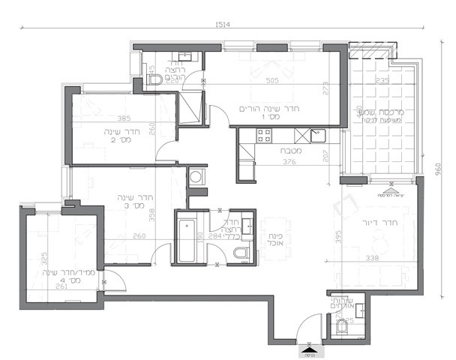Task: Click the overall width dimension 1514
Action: tap(223, 24)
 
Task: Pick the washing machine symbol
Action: tap(196, 177)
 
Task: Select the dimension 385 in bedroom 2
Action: tap(124, 118)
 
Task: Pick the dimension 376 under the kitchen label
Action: tap(267, 159)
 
